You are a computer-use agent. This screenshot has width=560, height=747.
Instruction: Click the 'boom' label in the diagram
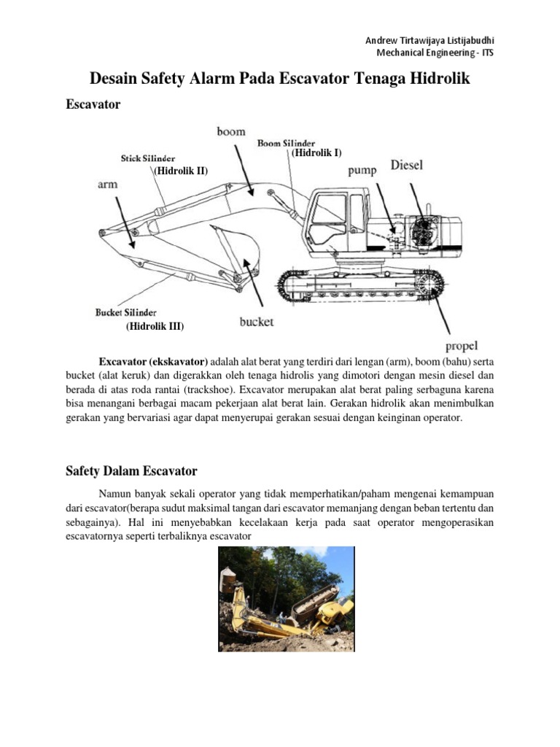click(x=230, y=131)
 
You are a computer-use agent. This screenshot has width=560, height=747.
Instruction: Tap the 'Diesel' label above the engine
click(x=407, y=165)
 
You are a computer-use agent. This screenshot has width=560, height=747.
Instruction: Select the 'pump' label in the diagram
click(x=362, y=170)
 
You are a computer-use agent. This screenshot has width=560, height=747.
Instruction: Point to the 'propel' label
click(x=461, y=345)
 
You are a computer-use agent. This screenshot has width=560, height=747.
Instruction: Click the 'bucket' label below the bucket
click(x=257, y=321)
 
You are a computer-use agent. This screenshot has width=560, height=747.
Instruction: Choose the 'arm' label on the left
click(x=107, y=185)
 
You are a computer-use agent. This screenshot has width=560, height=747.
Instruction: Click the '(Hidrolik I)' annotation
click(x=316, y=153)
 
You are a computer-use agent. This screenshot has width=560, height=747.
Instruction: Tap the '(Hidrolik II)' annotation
click(x=180, y=171)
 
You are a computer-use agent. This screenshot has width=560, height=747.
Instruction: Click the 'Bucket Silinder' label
click(x=126, y=311)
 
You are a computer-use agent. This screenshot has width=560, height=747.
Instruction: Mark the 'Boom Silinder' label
click(x=287, y=143)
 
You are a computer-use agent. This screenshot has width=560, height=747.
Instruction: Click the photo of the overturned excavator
click(x=286, y=599)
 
